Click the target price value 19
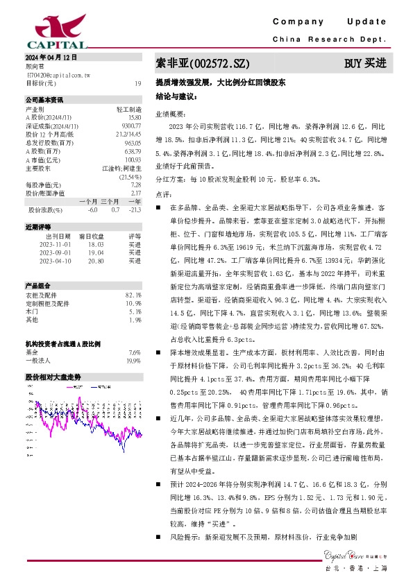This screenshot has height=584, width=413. coord(137,83)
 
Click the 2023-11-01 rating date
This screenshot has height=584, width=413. coord(53,245)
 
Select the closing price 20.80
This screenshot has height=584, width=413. coord(96,261)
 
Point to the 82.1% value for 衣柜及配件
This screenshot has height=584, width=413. coord(134,295)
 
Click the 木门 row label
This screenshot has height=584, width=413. coord(31,311)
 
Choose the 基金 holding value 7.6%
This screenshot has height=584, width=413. coord(135,352)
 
